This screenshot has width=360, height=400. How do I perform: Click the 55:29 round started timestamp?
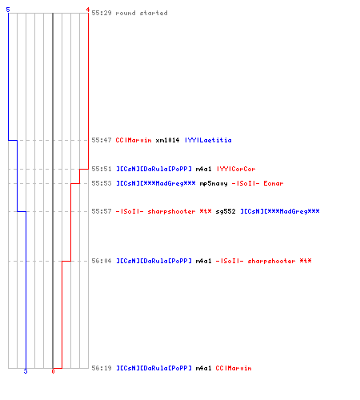[102, 13]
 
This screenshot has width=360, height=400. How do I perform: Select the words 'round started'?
[142, 13]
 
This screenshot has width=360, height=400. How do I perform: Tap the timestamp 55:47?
[102, 140]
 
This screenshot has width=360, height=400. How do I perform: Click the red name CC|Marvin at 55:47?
[134, 140]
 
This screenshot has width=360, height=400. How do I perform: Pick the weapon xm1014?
[167, 140]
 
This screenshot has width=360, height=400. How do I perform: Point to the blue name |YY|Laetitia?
[208, 140]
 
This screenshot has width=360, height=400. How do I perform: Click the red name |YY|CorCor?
[236, 169]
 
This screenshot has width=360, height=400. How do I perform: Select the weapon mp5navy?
[214, 183]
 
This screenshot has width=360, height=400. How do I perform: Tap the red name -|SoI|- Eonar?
[258, 183]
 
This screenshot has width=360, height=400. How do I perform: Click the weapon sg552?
[226, 211]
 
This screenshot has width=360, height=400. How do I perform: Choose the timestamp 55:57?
[102, 211]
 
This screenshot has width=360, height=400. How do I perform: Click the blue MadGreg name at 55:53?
[156, 183]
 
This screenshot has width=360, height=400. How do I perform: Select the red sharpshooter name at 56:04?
[263, 261]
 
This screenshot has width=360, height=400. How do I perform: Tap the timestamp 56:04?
[102, 261]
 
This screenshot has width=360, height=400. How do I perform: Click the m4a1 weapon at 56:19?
[203, 368]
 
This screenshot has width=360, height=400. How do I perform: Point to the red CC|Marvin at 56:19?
[234, 368]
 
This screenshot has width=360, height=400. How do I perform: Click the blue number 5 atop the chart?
[8, 10]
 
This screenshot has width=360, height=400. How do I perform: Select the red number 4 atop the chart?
[87, 10]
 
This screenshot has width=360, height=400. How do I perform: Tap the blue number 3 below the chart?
[26, 371]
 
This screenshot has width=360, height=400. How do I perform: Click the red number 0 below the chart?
[53, 371]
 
